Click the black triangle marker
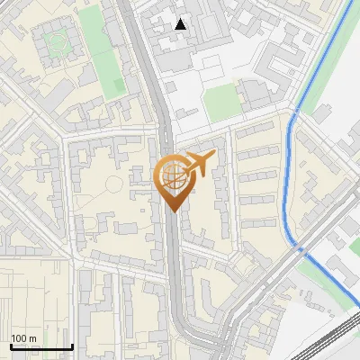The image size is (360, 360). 181,24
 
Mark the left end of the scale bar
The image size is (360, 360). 11,347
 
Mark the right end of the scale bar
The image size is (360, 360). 72,347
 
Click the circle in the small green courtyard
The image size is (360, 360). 58,40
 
